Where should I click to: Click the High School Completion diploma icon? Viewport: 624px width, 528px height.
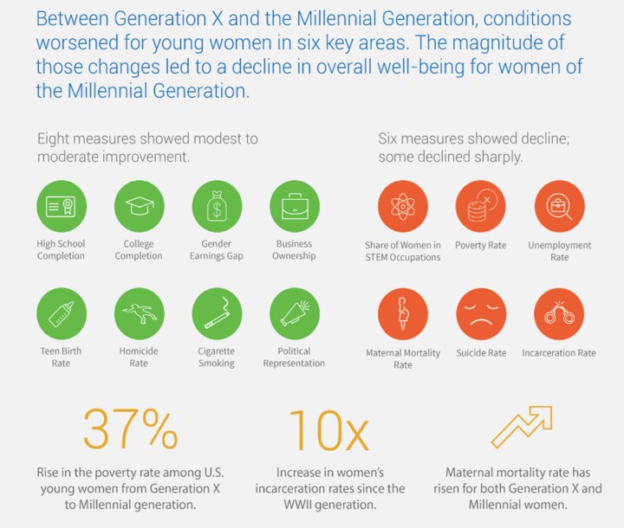pyautogui.click(x=61, y=205)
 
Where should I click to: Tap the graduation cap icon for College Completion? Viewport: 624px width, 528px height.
pyautogui.click(x=139, y=205)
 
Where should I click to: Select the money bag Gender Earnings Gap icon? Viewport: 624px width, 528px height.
pyautogui.click(x=217, y=205)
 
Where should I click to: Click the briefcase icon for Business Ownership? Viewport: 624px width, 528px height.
pyautogui.click(x=296, y=205)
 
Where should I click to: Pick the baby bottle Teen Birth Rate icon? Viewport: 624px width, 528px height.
pyautogui.click(x=61, y=313)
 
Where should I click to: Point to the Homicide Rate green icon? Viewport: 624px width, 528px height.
pyautogui.click(x=139, y=313)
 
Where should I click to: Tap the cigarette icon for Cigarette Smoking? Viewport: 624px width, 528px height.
pyautogui.click(x=217, y=313)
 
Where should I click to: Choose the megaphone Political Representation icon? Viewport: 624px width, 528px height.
pyautogui.click(x=296, y=313)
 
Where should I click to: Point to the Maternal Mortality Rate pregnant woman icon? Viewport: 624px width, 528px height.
pyautogui.click(x=402, y=314)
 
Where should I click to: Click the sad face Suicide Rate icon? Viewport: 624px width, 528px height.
pyautogui.click(x=480, y=314)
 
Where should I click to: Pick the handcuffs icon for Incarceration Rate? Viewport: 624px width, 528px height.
pyautogui.click(x=559, y=314)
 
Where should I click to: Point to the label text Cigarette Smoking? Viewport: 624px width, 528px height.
pyautogui.click(x=217, y=357)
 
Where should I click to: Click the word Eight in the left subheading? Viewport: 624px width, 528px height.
pyautogui.click(x=54, y=138)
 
